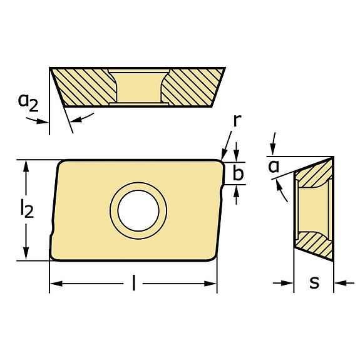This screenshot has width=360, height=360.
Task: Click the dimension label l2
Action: (x=26, y=210)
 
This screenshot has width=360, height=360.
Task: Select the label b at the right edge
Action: (x=237, y=173)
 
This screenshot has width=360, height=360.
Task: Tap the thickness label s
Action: (x=314, y=283)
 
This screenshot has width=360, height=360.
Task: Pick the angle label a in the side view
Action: (x=273, y=166)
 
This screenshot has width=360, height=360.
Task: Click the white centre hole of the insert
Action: (x=138, y=210)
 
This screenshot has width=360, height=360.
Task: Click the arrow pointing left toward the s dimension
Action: (x=339, y=284)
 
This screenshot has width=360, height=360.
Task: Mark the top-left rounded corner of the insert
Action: (x=61, y=164)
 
